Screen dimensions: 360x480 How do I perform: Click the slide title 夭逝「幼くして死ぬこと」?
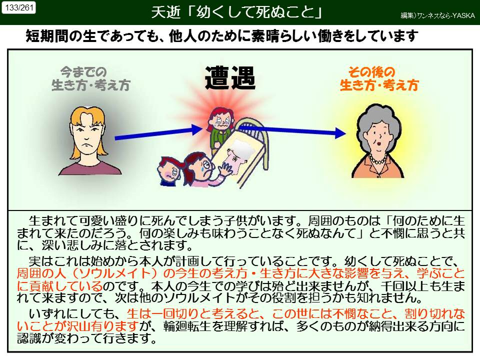click(x=236, y=12)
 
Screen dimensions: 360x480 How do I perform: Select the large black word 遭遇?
click(x=230, y=79)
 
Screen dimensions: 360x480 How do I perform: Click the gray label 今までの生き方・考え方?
click(x=90, y=79)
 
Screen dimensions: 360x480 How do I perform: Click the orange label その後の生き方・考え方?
click(x=378, y=79)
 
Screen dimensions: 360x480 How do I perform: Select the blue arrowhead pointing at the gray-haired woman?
click(x=340, y=133)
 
